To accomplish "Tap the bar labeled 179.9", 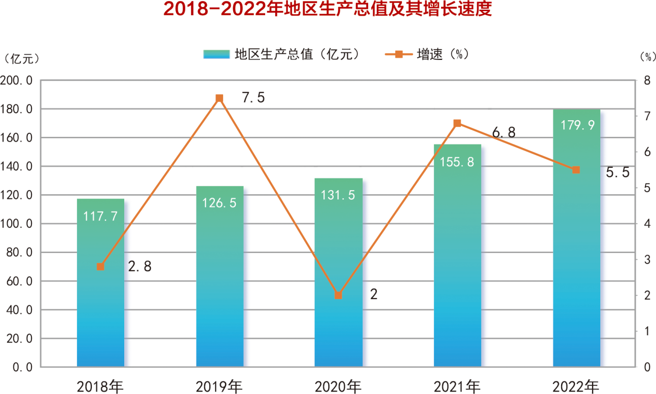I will pyautogui.click(x=576, y=238).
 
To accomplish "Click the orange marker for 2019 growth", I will pyautogui.click(x=219, y=98).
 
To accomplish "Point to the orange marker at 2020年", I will pyautogui.click(x=339, y=295).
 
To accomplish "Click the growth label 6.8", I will pyautogui.click(x=503, y=133).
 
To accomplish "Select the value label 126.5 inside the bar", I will pyautogui.click(x=219, y=203).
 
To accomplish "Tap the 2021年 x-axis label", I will pyautogui.click(x=457, y=386).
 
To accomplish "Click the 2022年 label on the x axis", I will pyautogui.click(x=576, y=386).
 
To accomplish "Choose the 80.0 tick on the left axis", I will pyautogui.click(x=19, y=253).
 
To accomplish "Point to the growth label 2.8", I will pyautogui.click(x=139, y=267).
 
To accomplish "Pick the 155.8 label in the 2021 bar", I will pyautogui.click(x=457, y=162).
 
